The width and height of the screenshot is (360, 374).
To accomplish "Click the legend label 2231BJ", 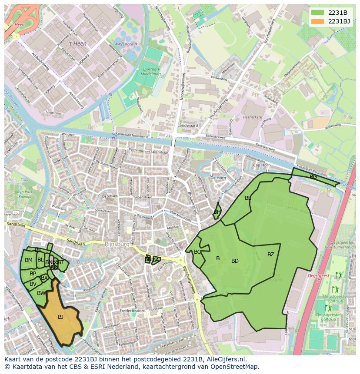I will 339,21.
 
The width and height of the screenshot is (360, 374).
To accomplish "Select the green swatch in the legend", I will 318,13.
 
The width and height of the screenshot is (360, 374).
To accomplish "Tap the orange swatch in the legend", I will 318,21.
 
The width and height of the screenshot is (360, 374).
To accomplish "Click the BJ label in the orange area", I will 60,317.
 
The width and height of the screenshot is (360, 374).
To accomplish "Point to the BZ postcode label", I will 271,255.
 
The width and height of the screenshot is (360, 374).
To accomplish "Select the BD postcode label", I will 235,261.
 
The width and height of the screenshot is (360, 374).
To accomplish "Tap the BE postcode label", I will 248,198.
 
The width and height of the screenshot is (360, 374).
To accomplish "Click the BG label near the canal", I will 313,177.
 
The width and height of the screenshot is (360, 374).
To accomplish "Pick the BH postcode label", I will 217,212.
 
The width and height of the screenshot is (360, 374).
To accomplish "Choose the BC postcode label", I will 197,252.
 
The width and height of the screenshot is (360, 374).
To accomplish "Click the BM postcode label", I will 28,260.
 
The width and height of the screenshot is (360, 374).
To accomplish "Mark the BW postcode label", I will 41,293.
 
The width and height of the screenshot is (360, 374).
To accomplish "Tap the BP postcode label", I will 33,274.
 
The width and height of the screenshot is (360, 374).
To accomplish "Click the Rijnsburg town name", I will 117,244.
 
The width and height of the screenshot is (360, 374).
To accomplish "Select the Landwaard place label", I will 187,126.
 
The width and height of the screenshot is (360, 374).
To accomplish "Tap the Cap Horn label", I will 262,165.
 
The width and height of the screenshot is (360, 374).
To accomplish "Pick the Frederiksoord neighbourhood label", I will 130,311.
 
